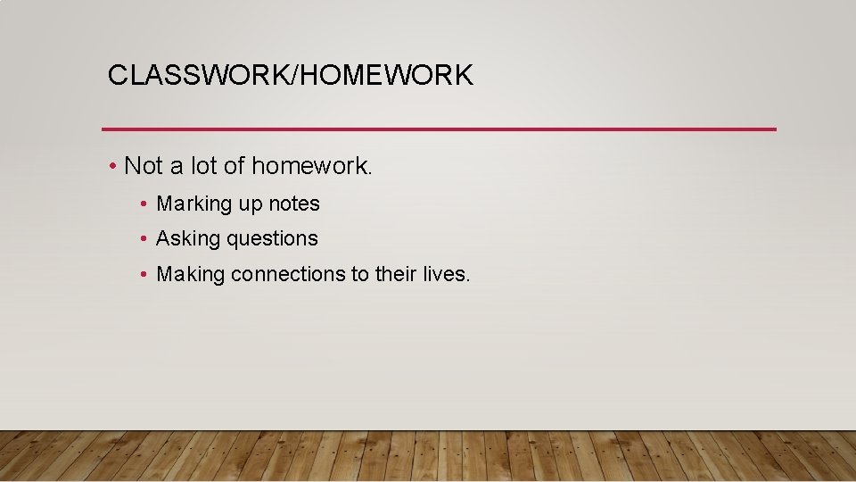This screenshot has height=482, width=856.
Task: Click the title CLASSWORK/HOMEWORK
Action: tap(290, 75)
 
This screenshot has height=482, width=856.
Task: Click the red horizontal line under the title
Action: tap(439, 129)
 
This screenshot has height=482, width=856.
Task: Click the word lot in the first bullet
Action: tap(200, 166)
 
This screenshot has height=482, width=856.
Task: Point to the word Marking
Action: tap(193, 204)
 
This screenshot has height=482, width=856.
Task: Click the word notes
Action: tap(293, 204)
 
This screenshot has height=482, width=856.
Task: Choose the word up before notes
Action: tap(250, 205)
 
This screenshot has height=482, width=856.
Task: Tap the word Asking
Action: tap(188, 239)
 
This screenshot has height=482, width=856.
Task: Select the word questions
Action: tap(272, 239)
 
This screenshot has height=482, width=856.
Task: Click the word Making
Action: tap(190, 274)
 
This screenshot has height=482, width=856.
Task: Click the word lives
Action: tap(445, 274)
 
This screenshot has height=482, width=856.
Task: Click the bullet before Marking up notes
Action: tap(144, 204)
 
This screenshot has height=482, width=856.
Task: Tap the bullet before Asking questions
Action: tap(144, 239)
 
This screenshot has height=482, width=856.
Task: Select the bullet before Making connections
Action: tap(144, 274)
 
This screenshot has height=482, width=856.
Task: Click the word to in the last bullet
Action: tap(359, 274)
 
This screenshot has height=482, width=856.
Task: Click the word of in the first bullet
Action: tap(235, 166)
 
